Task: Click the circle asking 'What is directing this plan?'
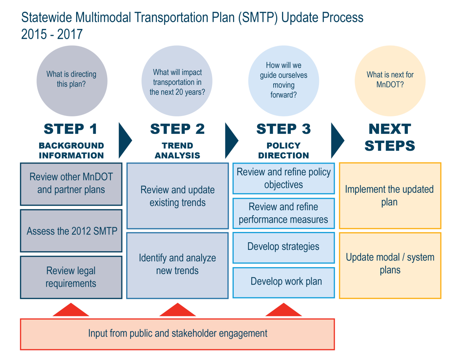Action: pyautogui.click(x=72, y=81)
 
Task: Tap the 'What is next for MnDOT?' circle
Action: pyautogui.click(x=390, y=81)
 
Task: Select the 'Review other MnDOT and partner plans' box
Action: pyautogui.click(x=71, y=184)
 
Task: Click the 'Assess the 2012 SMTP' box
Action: pyautogui.click(x=71, y=231)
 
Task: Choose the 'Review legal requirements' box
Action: pyautogui.click(x=71, y=277)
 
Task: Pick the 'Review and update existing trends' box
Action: pyautogui.click(x=177, y=196)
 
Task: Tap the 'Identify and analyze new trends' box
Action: pyautogui.click(x=177, y=265)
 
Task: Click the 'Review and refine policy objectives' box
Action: pyautogui.click(x=283, y=179)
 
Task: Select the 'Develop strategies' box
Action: pyautogui.click(x=283, y=247)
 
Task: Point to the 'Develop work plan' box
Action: pyautogui.click(x=283, y=282)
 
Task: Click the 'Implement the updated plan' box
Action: pyautogui.click(x=390, y=196)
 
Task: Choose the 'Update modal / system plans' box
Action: pyautogui.click(x=390, y=265)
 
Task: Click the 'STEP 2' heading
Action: pyautogui.click(x=177, y=129)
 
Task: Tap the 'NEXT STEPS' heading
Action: pyautogui.click(x=390, y=137)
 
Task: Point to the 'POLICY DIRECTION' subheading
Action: pyautogui.click(x=283, y=150)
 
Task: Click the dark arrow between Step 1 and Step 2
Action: pyautogui.click(x=124, y=140)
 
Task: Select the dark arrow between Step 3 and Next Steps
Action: pyautogui.click(x=337, y=140)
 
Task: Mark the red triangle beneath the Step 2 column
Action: pyautogui.click(x=177, y=311)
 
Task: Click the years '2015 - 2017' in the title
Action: pyautogui.click(x=52, y=34)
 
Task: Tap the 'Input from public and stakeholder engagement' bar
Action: pyautogui.click(x=177, y=334)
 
